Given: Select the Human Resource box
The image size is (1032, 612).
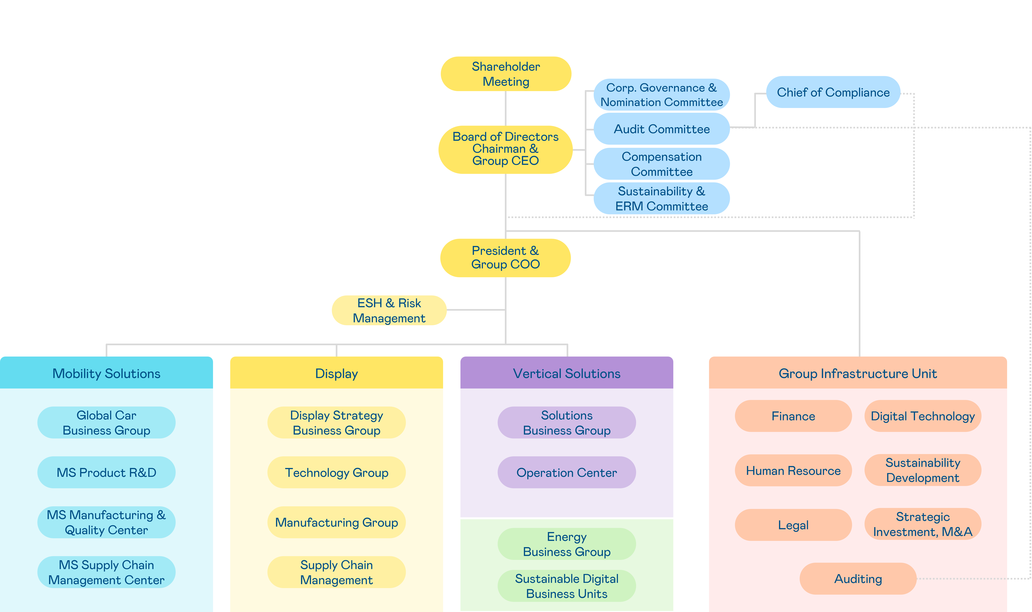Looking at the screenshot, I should [793, 471].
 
